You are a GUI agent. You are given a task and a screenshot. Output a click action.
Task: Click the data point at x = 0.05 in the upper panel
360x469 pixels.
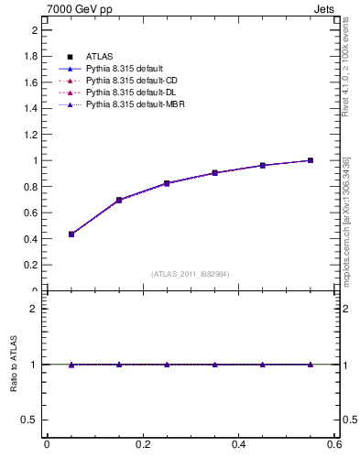[x=71, y=234]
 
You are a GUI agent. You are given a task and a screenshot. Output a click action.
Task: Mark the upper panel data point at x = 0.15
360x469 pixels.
[x=119, y=200]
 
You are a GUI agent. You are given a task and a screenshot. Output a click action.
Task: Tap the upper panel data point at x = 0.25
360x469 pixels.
[x=167, y=183]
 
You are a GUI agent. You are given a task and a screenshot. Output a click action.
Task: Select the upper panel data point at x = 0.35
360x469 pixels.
[x=214, y=172]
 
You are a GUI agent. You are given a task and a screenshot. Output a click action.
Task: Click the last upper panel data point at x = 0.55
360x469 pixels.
[x=311, y=160]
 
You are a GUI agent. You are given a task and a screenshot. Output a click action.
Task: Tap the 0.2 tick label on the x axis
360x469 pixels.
[x=143, y=444]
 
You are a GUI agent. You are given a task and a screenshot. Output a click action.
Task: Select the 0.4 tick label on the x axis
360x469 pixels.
[x=238, y=444]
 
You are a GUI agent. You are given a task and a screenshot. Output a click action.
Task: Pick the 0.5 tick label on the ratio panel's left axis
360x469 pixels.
[x=28, y=420]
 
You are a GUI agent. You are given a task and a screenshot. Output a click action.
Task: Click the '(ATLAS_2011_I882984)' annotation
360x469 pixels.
[x=191, y=274]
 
